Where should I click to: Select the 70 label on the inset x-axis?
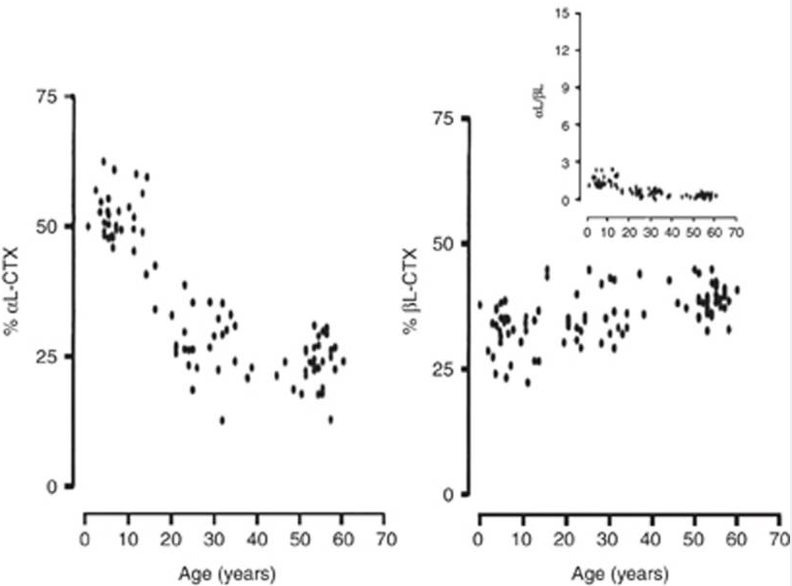(736, 233)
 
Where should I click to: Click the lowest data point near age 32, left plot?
(223, 420)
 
